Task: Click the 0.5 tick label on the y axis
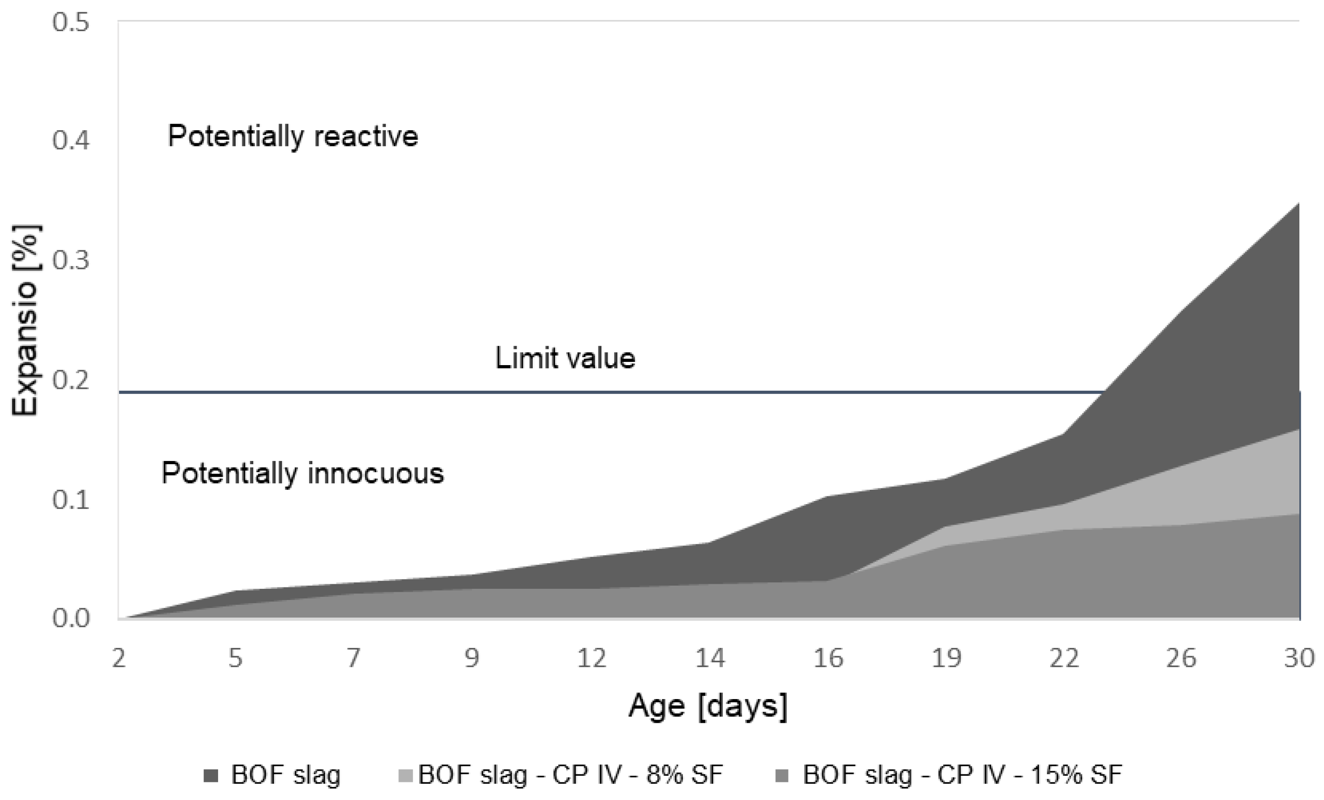70,23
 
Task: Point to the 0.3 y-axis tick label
70,261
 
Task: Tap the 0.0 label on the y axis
70,619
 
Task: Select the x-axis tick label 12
592,658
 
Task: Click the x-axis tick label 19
946,658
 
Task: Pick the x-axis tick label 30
1299,658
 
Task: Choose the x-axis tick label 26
1181,658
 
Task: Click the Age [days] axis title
708,706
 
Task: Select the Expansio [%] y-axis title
25,320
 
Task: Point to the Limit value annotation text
565,358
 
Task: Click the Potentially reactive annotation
293,135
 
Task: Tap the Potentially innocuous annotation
303,473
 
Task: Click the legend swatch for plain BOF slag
211,776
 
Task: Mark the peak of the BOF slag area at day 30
1299,203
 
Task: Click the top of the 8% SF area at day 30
1299,429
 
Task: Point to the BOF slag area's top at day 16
827,496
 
